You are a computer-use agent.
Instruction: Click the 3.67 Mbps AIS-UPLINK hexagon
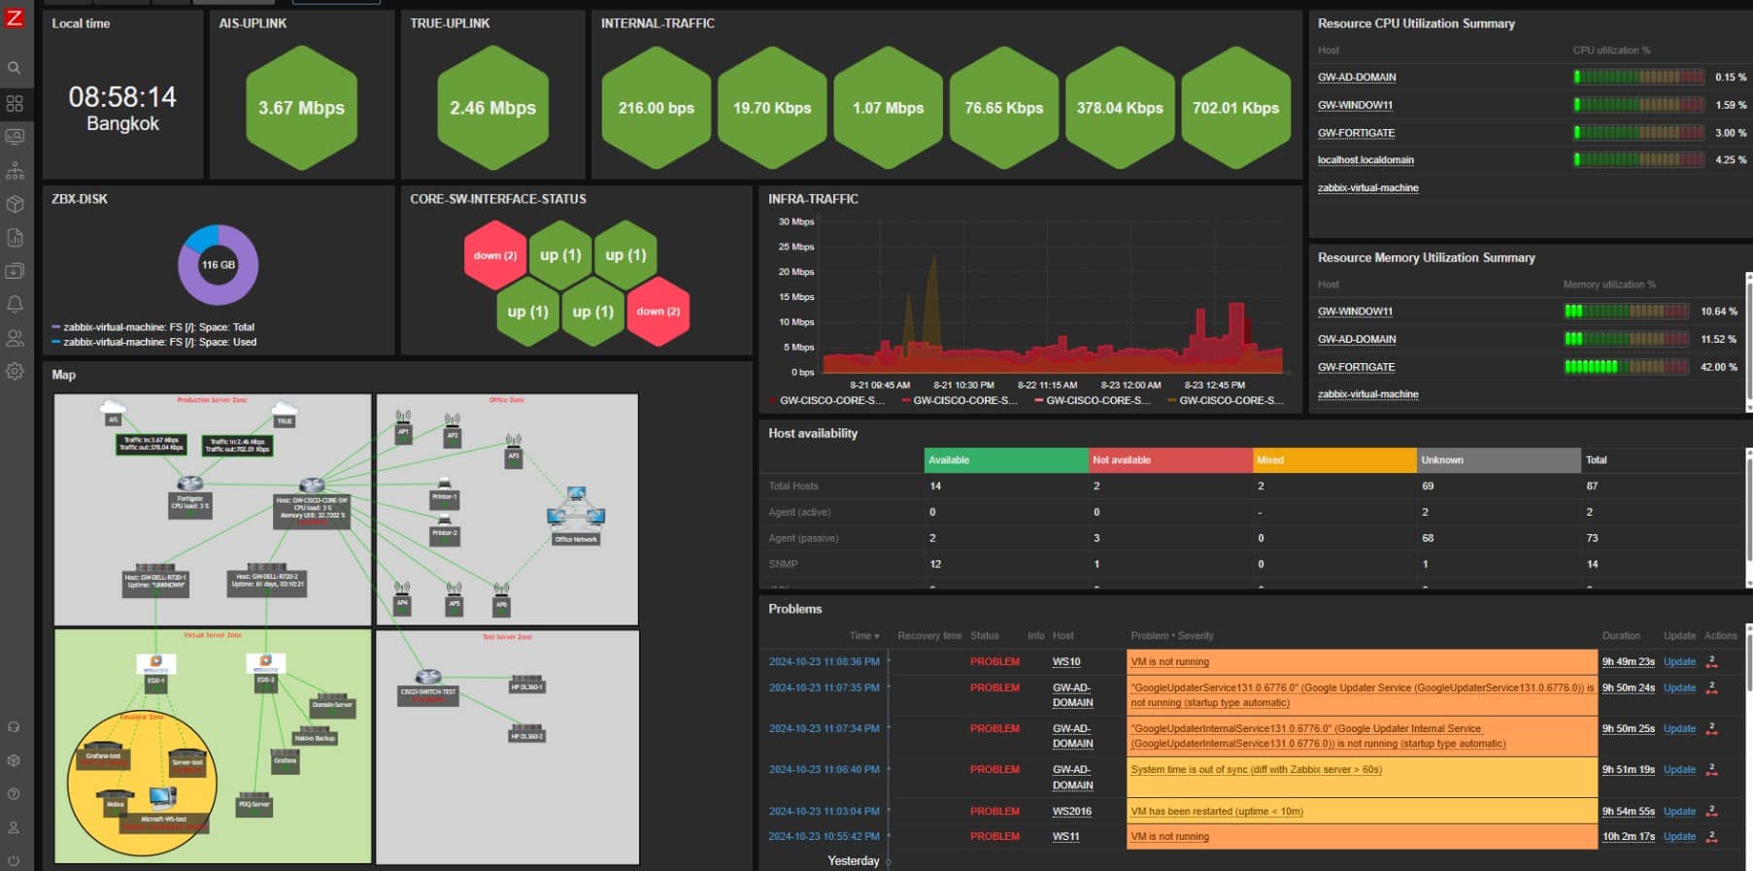coord(301,108)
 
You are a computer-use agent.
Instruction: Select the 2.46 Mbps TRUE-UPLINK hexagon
coord(492,108)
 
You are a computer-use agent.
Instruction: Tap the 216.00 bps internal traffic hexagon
coord(657,108)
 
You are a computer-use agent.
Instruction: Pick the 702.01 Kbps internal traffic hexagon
coord(1235,108)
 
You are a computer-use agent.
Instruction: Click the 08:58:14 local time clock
coord(122,97)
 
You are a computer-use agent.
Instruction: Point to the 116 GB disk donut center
coord(218,264)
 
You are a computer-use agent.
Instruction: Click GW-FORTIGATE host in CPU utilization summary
coord(1356,133)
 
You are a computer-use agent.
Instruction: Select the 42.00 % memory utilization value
coord(1718,367)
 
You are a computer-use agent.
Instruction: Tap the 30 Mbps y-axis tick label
coord(795,221)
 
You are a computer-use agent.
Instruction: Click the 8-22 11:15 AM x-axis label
coord(1047,385)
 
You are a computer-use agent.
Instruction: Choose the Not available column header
coord(1122,460)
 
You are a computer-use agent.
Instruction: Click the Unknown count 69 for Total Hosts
coord(1428,486)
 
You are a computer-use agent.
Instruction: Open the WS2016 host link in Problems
coord(1072,812)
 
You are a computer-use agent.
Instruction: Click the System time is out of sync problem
coord(1256,770)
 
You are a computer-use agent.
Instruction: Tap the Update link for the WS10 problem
coord(1679,662)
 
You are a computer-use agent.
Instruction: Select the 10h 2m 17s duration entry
coord(1629,837)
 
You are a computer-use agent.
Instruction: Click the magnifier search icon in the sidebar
coord(15,68)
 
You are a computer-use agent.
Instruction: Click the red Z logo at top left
coord(15,17)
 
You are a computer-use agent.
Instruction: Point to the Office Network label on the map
coord(576,539)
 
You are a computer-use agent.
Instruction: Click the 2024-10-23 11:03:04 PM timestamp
coord(824,812)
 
